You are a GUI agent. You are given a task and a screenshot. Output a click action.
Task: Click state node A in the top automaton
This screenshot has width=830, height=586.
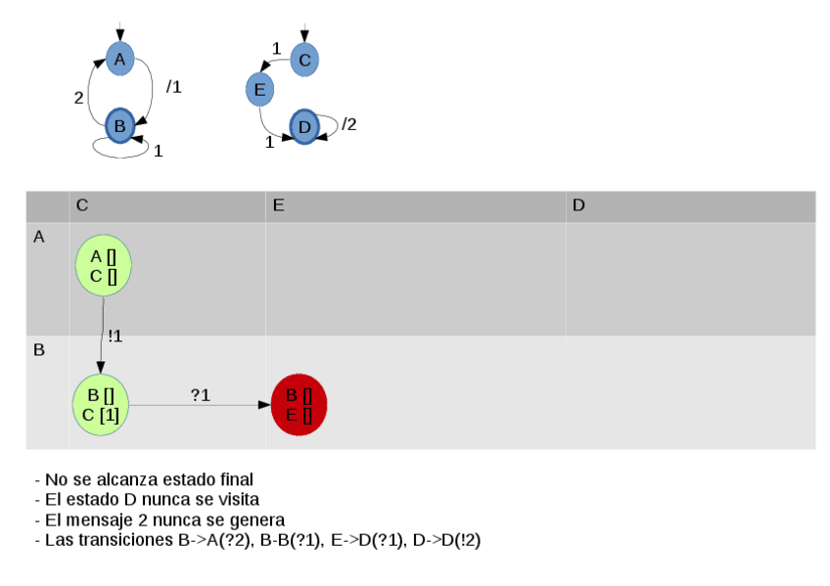[119, 59]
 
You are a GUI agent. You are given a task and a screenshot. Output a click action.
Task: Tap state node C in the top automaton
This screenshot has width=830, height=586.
[304, 60]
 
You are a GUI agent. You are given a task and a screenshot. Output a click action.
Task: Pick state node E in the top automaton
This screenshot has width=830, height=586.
[259, 91]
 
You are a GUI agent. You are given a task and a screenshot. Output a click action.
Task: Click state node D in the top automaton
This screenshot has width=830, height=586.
[304, 127]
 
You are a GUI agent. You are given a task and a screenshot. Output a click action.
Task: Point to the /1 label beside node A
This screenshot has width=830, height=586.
[173, 87]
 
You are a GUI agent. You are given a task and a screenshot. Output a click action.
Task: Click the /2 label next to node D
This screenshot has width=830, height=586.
[348, 124]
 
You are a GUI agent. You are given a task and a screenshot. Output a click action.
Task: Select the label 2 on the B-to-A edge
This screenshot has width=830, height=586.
[79, 97]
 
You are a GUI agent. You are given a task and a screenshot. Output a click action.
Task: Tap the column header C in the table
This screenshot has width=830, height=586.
[82, 205]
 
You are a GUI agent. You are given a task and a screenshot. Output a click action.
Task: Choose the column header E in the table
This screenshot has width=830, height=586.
[279, 205]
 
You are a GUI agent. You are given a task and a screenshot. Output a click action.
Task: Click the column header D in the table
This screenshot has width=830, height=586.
[578, 205]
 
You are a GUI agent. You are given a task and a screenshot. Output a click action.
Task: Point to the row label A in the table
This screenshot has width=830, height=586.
[39, 237]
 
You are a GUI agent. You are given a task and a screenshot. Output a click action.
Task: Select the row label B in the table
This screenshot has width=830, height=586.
[39, 349]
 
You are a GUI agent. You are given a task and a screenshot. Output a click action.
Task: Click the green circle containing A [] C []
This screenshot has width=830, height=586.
[103, 265]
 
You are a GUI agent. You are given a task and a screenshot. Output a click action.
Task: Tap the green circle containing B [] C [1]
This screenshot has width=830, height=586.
[102, 405]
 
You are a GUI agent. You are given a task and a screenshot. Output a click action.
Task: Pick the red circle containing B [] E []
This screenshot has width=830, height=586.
[299, 405]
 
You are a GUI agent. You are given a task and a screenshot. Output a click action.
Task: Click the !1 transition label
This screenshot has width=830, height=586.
[115, 337]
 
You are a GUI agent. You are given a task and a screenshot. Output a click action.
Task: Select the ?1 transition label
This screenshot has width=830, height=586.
[200, 394]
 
